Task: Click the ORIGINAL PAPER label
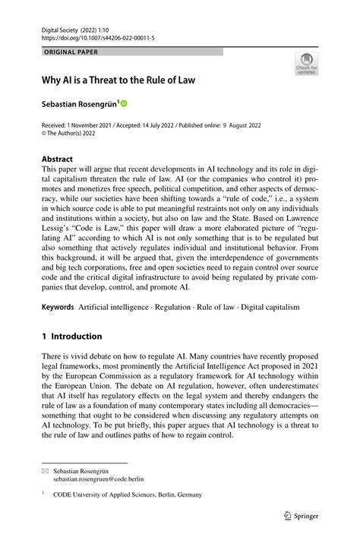click(x=71, y=52)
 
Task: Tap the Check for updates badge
click(x=306, y=65)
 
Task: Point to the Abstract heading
click(x=58, y=159)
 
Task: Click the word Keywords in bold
click(x=58, y=307)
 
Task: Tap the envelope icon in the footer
click(x=45, y=471)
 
